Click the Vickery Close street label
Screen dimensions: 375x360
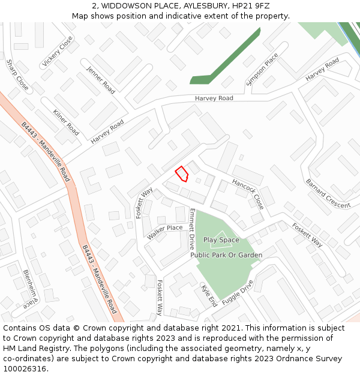(x=58, y=52)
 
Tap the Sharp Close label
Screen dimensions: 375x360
(x=17, y=75)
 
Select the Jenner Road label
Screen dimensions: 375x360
(x=101, y=80)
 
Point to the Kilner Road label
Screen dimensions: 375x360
(x=66, y=122)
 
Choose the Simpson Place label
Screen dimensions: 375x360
(x=262, y=70)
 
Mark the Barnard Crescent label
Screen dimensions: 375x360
(x=328, y=193)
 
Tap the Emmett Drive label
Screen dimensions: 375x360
(x=192, y=229)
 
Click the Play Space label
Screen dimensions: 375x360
(x=221, y=240)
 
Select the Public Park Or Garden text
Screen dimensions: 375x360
(x=226, y=256)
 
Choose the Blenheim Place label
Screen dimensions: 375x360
(x=30, y=289)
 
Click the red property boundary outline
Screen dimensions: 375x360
(x=182, y=174)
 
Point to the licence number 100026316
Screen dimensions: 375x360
(x=25, y=369)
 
